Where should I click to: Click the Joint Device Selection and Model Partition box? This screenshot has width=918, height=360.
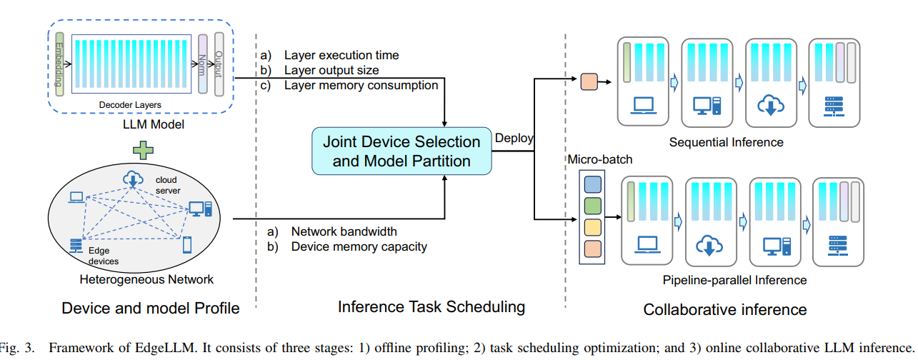pos(401,151)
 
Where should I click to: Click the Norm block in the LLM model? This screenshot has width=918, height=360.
pos(203,65)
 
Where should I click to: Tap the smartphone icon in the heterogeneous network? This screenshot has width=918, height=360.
pos(187,245)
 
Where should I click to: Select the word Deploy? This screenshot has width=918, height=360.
pos(514,139)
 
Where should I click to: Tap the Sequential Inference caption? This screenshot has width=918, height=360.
pos(726,142)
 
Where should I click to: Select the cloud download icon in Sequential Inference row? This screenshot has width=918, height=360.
pos(772,106)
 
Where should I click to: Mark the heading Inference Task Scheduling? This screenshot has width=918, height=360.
pos(431,308)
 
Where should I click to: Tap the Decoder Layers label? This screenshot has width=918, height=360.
pos(130,105)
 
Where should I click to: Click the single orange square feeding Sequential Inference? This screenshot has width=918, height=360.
pos(589,81)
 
